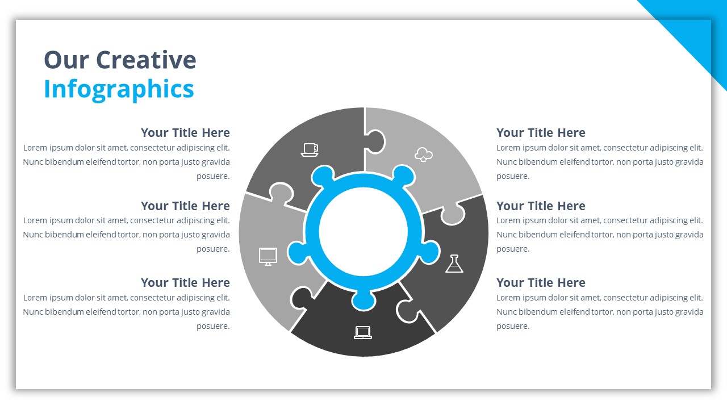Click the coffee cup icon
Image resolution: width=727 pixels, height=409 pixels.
coord(310,149)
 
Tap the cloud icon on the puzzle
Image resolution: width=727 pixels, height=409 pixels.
coord(424,154)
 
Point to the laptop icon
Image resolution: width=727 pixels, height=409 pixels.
coord(363,332)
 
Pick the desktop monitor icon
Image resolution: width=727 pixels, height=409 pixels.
coord(268,256)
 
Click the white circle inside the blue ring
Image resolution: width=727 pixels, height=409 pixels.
coord(363,231)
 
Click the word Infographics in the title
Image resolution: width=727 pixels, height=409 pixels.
coord(119,89)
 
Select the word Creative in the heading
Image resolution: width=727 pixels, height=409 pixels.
coord(146,60)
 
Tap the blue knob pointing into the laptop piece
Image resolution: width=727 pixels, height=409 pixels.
coord(363,299)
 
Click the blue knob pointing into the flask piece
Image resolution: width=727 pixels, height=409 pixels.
coord(430,253)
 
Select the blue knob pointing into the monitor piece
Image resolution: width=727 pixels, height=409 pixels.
coord(297,253)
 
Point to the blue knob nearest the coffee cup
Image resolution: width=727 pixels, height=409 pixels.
coord(323,176)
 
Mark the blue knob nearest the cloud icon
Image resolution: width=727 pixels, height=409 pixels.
coord(403,176)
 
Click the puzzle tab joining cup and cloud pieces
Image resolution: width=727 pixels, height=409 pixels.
coord(375,141)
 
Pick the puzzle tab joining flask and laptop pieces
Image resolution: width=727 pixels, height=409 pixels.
coord(407,310)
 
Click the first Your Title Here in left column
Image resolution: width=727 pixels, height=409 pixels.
coord(185,133)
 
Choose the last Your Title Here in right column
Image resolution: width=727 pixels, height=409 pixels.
coord(541,283)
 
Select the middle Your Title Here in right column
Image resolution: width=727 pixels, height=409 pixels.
coord(541,206)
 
